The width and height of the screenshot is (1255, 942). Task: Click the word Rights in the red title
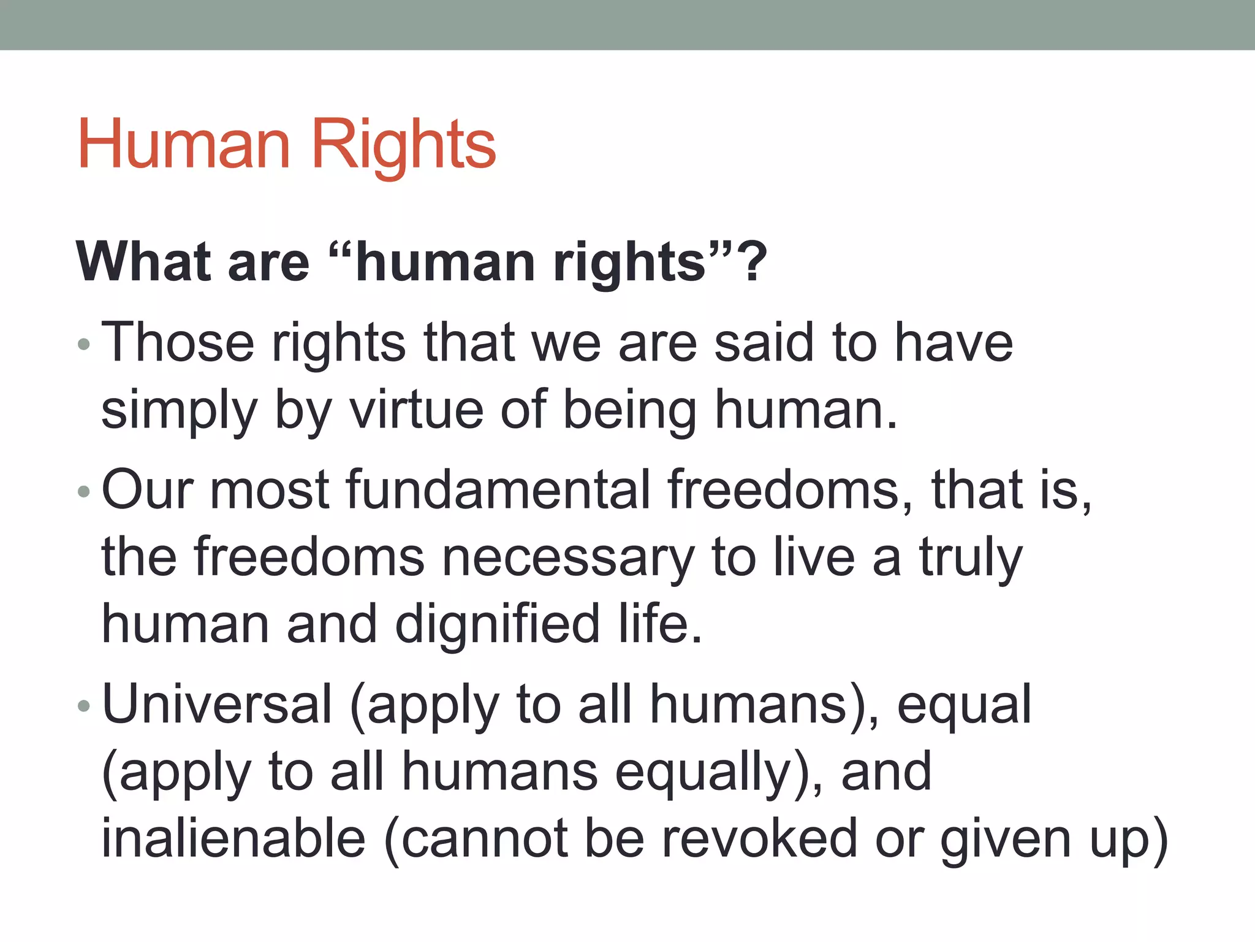[404, 145]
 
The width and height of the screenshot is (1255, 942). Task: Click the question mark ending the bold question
[754, 262]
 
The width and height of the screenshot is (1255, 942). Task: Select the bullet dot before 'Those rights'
[85, 345]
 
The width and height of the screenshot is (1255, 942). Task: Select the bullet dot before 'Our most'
[85, 492]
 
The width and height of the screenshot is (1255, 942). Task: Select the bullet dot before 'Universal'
[85, 706]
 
